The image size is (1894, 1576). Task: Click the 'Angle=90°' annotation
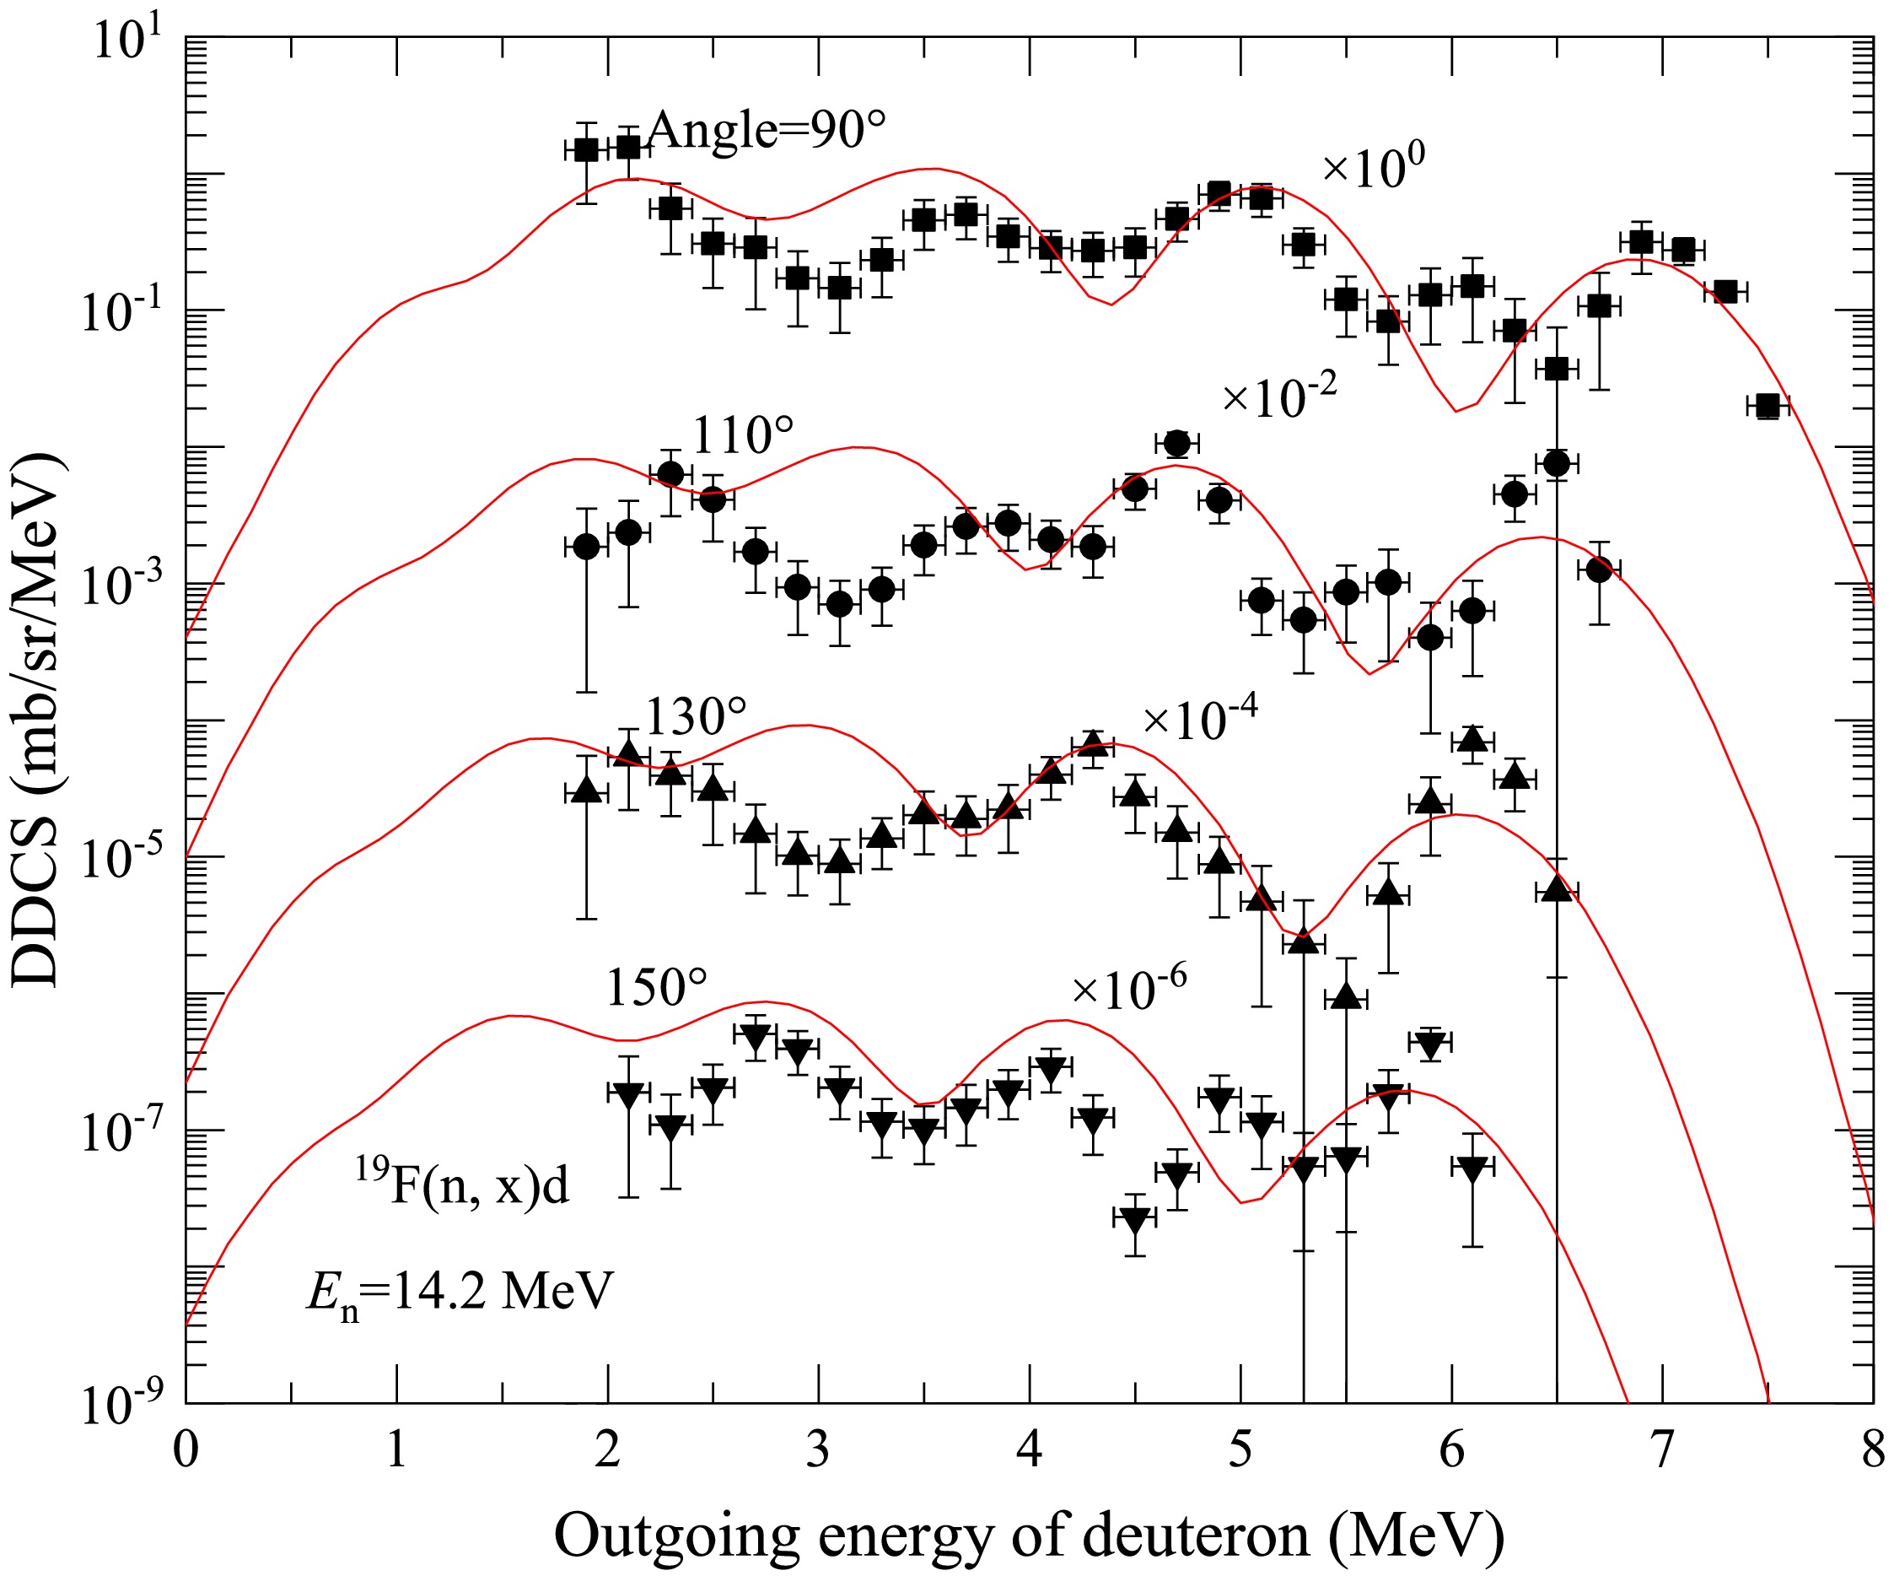tap(766, 131)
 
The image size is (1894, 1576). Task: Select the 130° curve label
tap(696, 717)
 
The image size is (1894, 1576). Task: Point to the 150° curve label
tap(656, 987)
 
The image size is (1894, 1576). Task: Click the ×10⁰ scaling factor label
tap(1373, 168)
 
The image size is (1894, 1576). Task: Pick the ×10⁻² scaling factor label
tap(1279, 396)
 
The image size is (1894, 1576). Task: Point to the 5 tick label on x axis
tap(1240, 1453)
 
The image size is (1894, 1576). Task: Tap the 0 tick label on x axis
tap(186, 1453)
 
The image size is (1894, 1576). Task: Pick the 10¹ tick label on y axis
tap(126, 40)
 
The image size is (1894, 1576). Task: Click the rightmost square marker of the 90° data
tap(1767, 406)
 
